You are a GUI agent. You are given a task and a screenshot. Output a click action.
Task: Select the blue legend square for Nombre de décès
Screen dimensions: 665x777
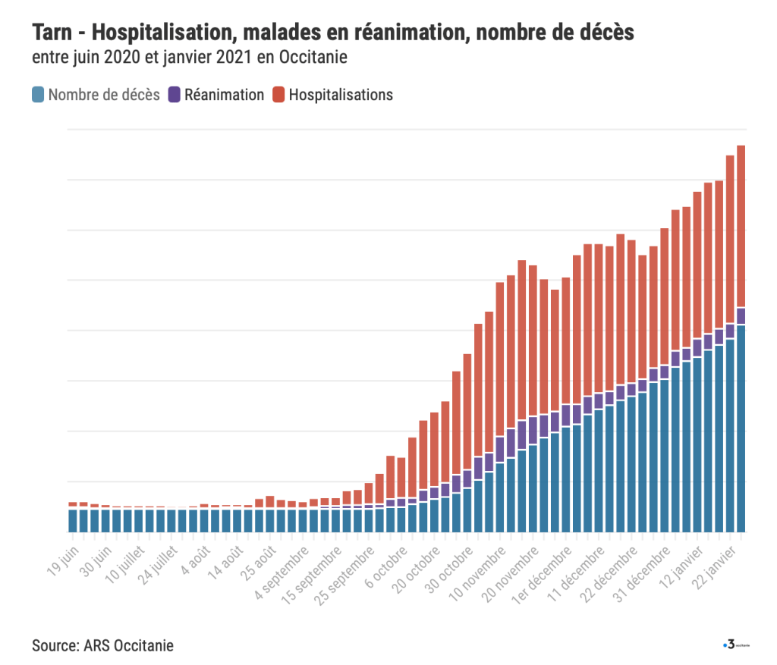point(38,95)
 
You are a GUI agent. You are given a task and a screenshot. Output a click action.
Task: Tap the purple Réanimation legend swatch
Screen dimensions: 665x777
point(174,95)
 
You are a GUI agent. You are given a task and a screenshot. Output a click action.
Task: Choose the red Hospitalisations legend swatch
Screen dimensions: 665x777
point(278,95)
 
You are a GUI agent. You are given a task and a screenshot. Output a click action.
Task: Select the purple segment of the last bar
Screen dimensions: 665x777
point(741,315)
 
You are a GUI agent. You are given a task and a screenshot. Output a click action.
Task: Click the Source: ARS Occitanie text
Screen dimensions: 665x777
point(102,646)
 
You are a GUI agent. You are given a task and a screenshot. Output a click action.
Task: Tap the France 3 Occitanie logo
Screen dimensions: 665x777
point(735,645)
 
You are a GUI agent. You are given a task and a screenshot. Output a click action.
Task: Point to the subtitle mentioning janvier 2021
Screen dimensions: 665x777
point(190,58)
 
